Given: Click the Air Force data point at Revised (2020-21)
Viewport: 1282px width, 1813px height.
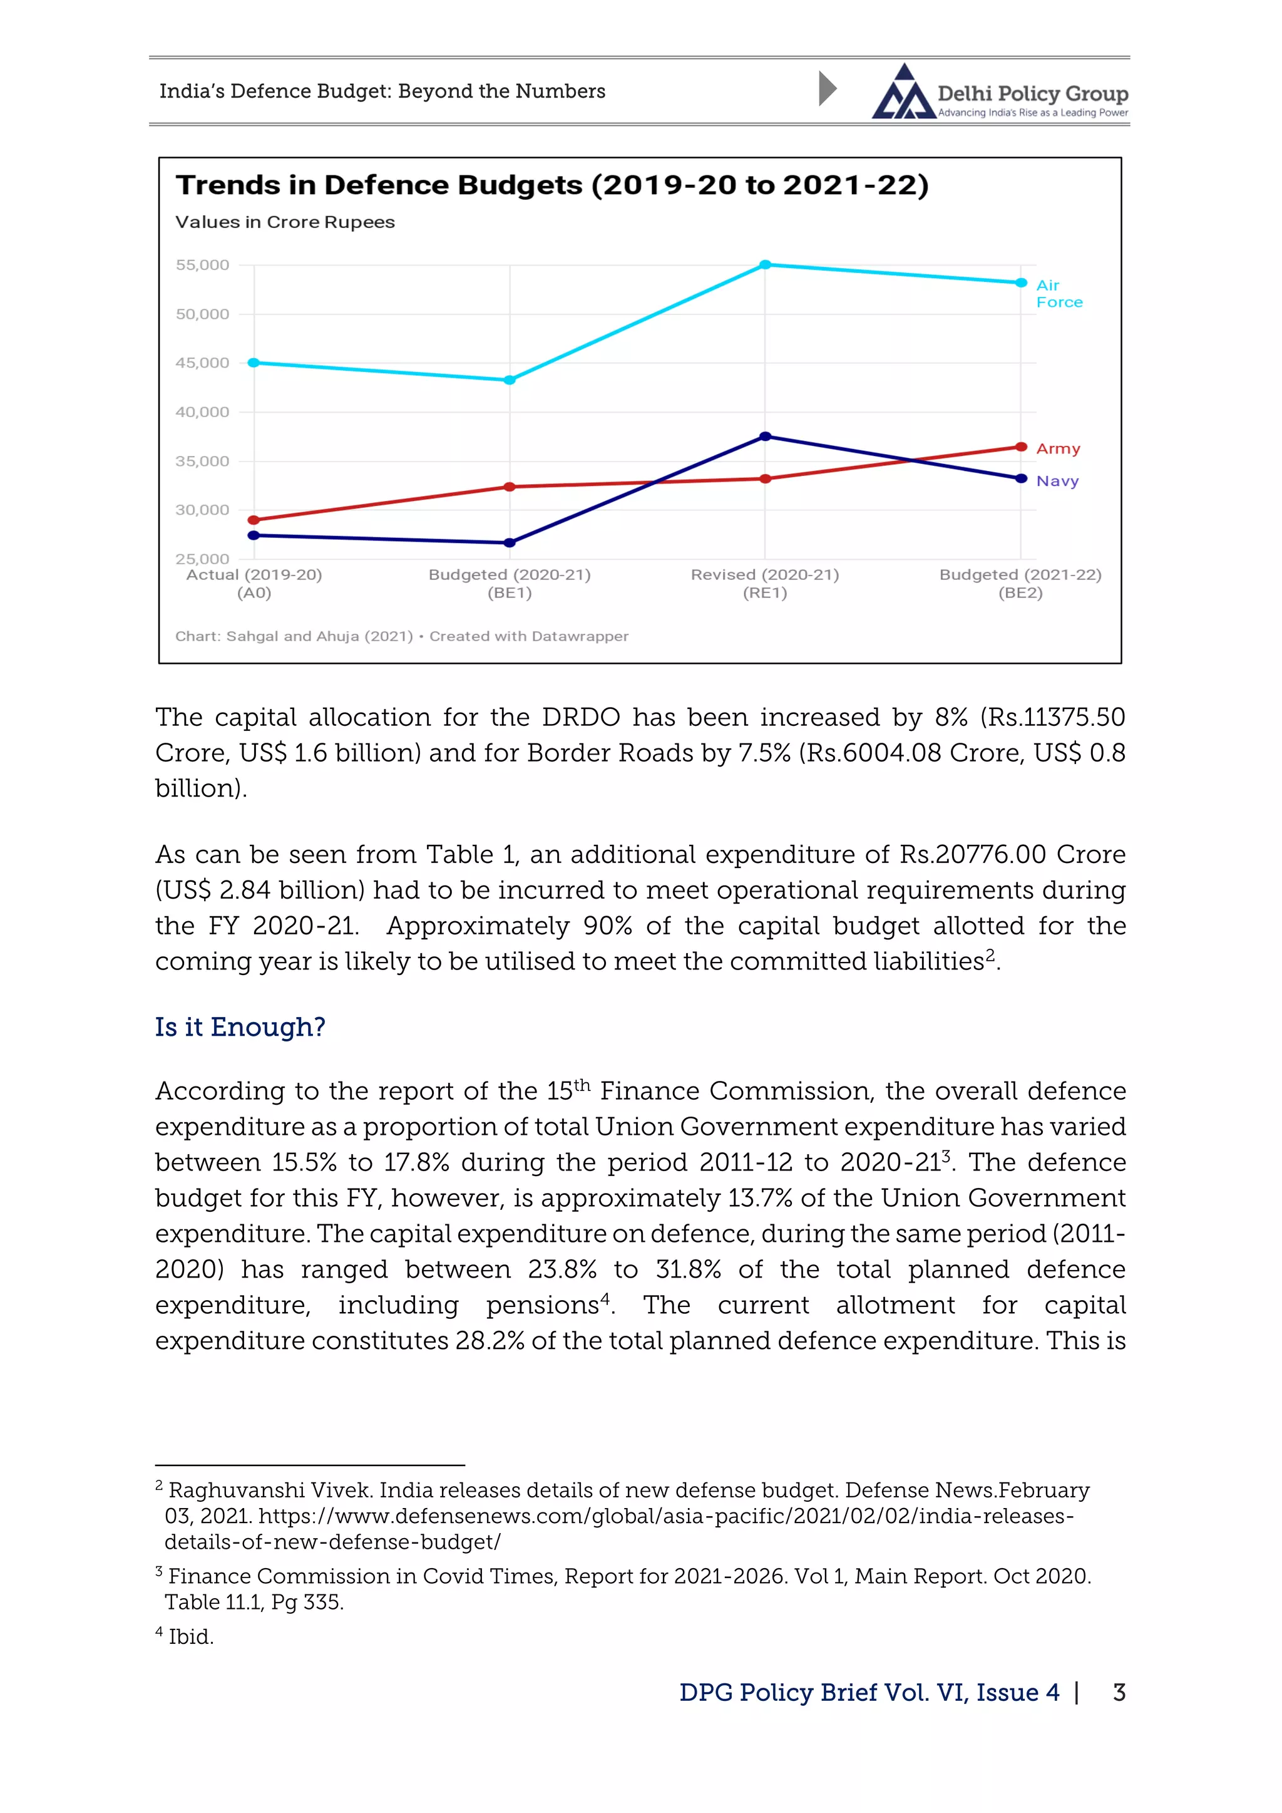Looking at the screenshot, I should [x=765, y=264].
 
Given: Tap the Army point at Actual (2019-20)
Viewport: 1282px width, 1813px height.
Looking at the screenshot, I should [x=254, y=520].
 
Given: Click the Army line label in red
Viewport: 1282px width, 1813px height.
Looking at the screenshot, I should [x=1058, y=448].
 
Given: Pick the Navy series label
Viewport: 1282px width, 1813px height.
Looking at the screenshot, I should [x=1057, y=481].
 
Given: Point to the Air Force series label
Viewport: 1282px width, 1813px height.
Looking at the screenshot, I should [x=1059, y=294].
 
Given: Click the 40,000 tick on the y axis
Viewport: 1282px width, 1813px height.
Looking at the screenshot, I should [x=202, y=412].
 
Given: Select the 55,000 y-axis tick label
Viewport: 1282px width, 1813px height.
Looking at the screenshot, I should [x=202, y=266].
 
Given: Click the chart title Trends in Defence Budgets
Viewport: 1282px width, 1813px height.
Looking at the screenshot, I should [x=551, y=185].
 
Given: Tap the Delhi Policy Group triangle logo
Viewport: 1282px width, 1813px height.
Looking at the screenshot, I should [x=903, y=93].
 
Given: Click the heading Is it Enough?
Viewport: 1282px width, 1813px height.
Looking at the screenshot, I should [x=240, y=1026].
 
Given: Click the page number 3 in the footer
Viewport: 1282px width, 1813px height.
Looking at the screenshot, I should [x=1119, y=1692].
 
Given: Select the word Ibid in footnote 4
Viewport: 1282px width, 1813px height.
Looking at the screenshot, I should [x=190, y=1637].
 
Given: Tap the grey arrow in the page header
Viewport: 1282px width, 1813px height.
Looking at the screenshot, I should [x=826, y=88].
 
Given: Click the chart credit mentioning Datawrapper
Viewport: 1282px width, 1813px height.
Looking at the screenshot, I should [x=401, y=636].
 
